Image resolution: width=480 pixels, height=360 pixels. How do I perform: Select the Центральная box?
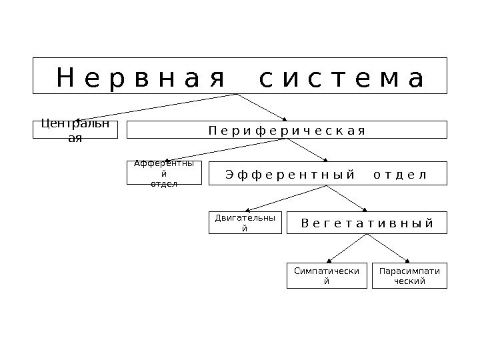point(75,129)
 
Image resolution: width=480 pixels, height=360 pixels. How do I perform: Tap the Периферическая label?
point(287,129)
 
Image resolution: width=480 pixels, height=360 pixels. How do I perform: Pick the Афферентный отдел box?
point(164,173)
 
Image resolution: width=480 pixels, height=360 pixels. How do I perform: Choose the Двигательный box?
point(245,223)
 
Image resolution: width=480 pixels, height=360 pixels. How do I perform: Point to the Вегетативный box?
point(367,223)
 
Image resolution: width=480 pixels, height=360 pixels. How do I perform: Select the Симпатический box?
point(327,275)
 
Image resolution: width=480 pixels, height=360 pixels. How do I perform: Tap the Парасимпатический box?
point(409,275)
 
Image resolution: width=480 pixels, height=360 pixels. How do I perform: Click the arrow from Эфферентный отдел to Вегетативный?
point(346,199)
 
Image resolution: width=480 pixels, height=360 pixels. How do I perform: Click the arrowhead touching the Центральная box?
point(77,121)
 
